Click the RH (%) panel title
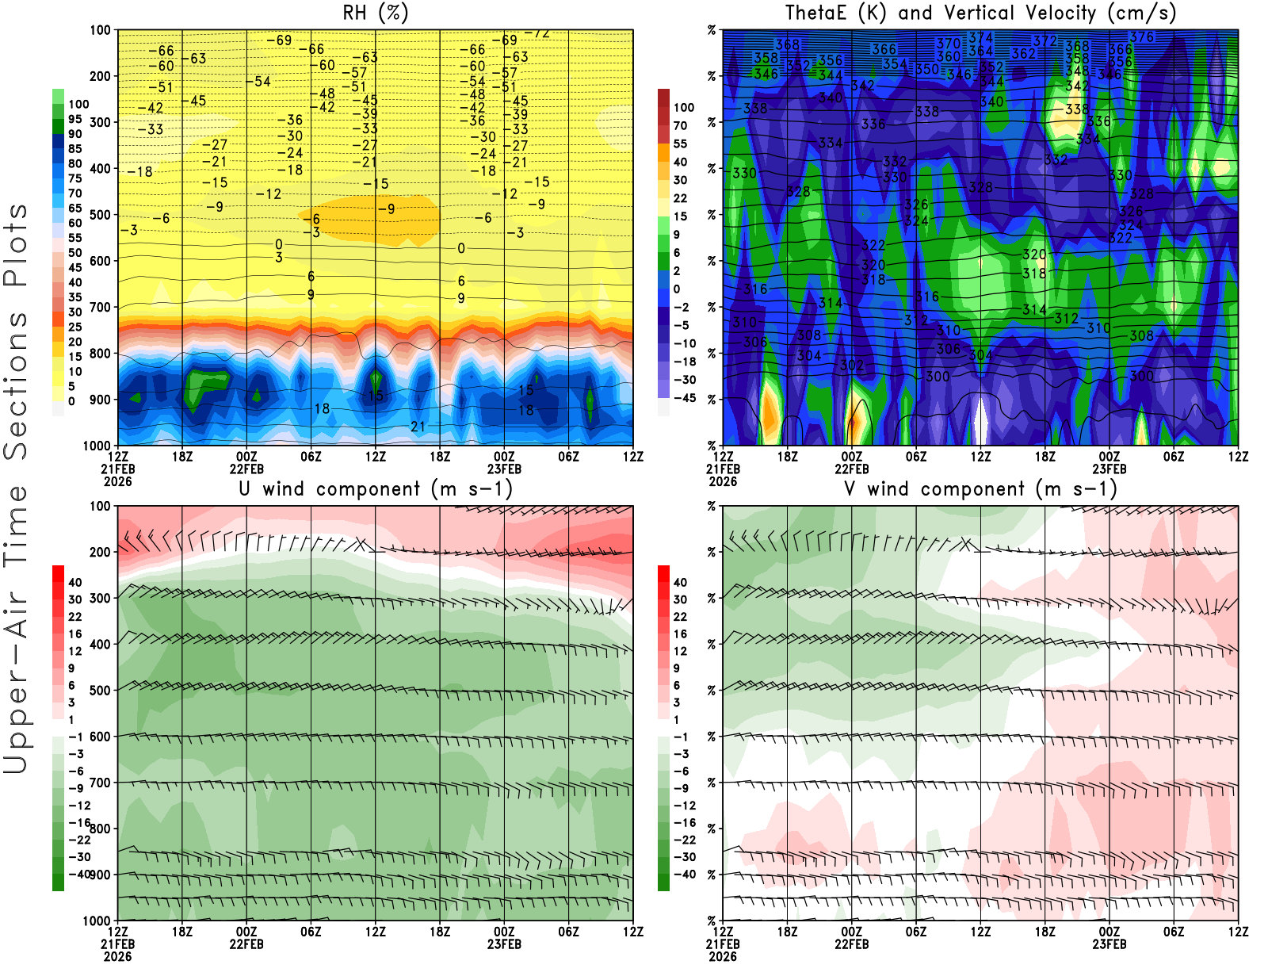coord(376,13)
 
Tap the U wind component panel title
coord(376,488)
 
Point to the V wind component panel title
coord(980,488)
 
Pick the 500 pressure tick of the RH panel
coord(101,215)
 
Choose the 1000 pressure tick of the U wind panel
coord(97,921)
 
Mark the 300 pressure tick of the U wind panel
coord(101,598)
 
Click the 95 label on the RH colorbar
coord(75,119)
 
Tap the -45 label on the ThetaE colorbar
coord(684,398)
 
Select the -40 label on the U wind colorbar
coord(79,874)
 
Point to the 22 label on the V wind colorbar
coord(680,617)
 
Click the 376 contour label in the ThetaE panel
coord(1142,36)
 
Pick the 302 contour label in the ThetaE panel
coord(852,366)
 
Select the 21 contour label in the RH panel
coord(418,427)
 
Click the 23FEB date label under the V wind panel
coord(1109,944)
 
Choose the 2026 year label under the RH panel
coord(117,481)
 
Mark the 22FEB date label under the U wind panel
coord(246,944)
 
